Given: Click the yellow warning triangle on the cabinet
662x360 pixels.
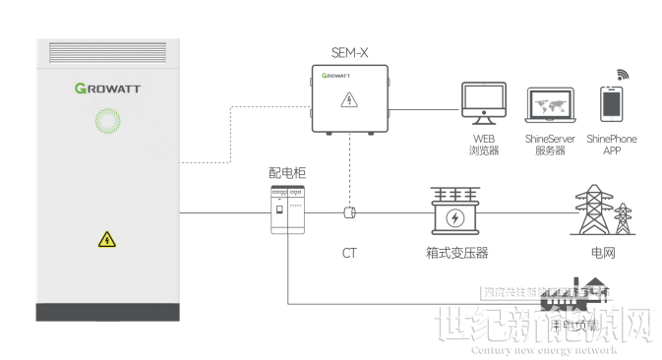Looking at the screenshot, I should pos(106,238).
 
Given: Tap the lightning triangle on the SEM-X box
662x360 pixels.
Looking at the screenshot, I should pos(347,99).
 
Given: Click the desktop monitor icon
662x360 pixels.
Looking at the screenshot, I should pos(483,100).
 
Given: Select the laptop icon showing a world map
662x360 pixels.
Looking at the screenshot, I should pos(549,104).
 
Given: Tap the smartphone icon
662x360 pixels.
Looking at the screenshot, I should pos(611,104).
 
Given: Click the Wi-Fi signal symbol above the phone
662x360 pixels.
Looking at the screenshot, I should pos(623,74).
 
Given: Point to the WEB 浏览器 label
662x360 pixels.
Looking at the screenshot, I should pos(484,145).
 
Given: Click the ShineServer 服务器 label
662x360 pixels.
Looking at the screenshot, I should pos(549,145).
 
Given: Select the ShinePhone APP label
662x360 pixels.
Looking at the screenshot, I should pos(611,145).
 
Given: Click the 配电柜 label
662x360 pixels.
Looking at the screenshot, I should pos(287,173).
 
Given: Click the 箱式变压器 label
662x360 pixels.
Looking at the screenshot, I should pos(453,253).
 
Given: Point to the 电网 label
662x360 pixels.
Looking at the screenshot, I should pos(603,253).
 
